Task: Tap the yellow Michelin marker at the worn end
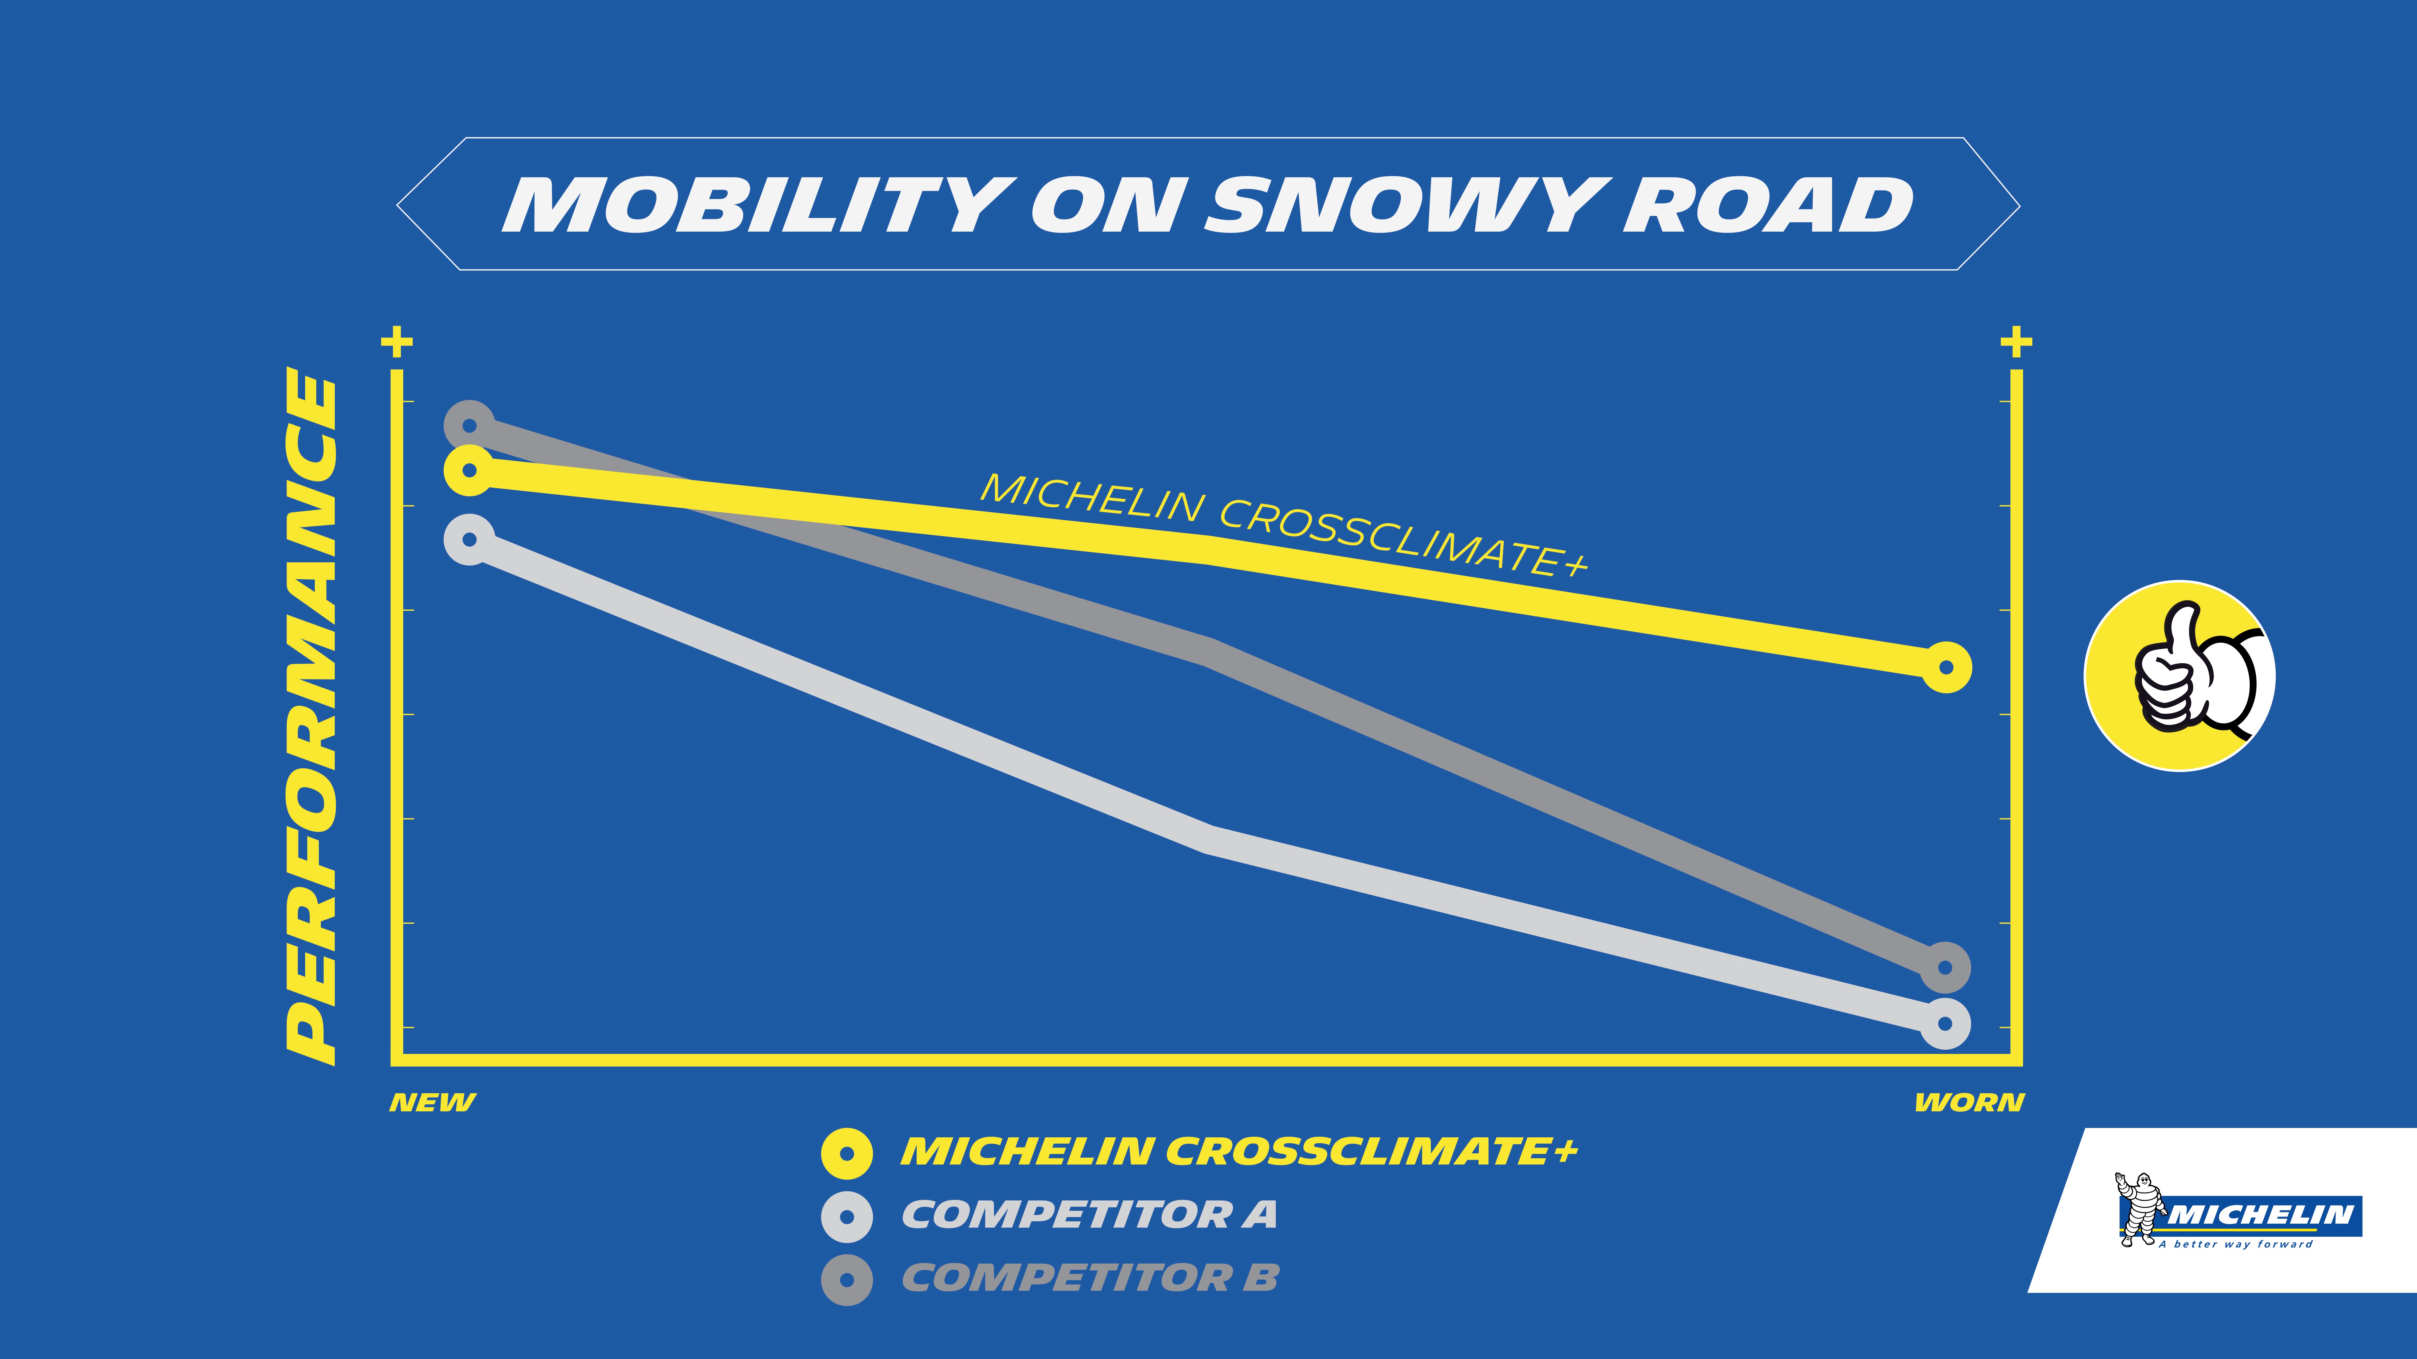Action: coord(1946,668)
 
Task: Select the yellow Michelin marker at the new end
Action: coord(469,470)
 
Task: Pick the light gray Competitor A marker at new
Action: coord(469,539)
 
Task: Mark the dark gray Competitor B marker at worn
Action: coord(1945,967)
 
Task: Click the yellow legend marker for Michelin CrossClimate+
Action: coord(846,1153)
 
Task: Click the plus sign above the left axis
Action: coord(397,341)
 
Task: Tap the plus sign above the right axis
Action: coord(2016,341)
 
